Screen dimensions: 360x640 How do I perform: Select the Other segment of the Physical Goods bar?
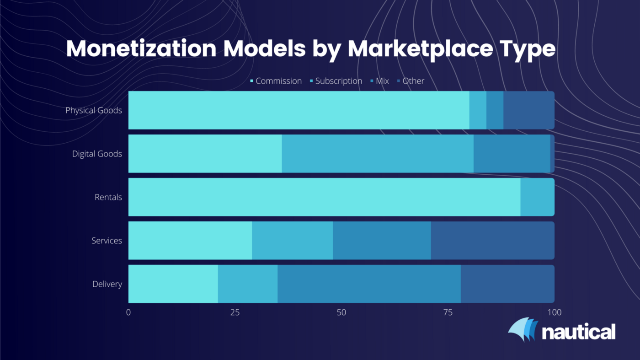[528, 110]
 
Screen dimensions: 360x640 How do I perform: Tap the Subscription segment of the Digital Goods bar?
[378, 154]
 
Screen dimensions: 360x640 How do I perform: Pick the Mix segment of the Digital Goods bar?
[512, 154]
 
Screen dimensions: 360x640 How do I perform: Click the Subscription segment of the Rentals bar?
[537, 197]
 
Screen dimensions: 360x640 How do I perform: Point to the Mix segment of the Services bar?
[382, 241]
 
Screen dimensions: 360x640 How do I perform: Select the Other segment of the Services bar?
[492, 241]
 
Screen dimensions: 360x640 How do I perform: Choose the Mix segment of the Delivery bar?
[369, 284]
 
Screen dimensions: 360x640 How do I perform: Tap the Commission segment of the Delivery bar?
[173, 284]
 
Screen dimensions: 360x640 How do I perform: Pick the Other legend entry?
[413, 81]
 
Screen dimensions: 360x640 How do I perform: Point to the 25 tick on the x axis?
[235, 312]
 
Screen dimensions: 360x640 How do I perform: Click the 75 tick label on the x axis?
[448, 312]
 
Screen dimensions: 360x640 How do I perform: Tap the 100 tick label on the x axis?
[554, 312]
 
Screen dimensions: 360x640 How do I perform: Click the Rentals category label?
[108, 197]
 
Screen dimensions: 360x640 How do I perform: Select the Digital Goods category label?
[97, 154]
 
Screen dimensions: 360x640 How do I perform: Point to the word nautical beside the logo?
[578, 332]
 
